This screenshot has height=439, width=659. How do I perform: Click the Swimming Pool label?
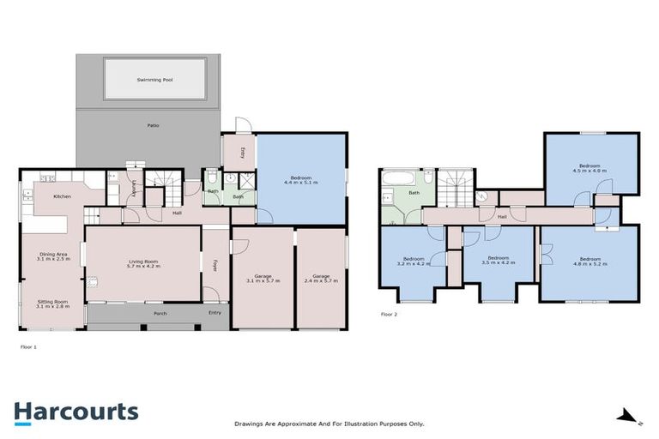154,80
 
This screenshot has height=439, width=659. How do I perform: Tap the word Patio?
152,126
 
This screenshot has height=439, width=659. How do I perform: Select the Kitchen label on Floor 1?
63,196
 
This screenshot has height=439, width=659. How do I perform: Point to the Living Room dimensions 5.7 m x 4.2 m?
143,266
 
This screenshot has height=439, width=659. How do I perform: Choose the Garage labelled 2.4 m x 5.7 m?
321,279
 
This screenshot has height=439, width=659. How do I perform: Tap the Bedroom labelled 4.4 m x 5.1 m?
300,180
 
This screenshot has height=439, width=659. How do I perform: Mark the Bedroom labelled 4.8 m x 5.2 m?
589,262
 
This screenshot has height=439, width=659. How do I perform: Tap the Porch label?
160,314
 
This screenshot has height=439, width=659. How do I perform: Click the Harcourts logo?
76,412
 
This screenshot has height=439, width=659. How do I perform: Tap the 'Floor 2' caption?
390,315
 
